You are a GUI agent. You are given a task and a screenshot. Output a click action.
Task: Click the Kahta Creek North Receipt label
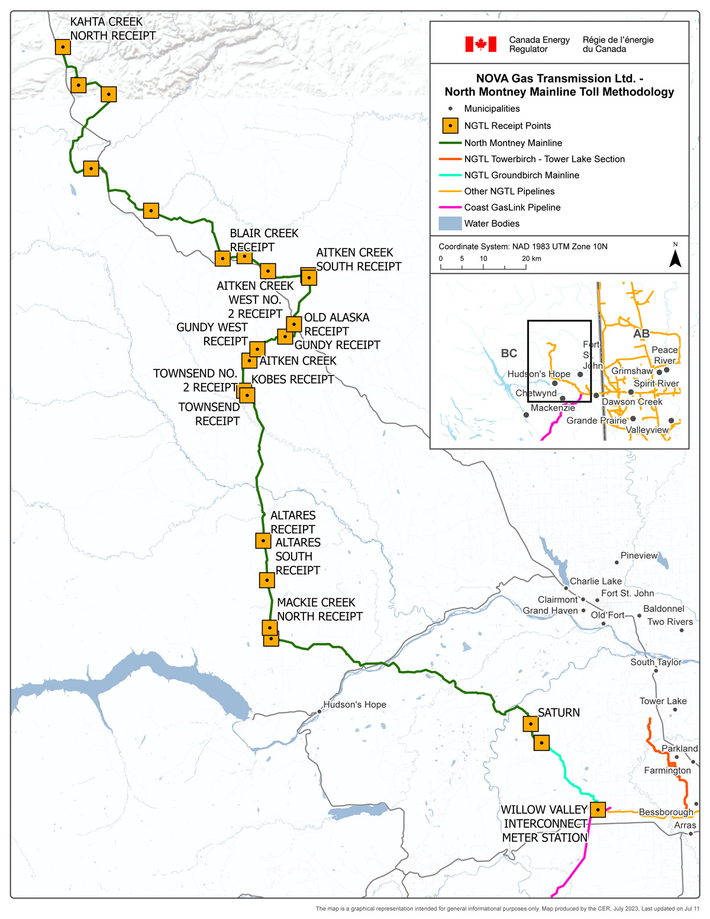point(112,29)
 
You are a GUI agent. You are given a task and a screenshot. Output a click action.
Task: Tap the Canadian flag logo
point(480,44)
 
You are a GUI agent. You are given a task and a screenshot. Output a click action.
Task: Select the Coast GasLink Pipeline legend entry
point(512,208)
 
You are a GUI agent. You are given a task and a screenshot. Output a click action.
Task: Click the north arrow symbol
point(675,257)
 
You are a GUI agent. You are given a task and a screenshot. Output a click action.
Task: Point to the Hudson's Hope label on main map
point(354,705)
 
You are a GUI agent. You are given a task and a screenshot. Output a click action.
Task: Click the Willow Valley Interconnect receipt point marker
point(598,810)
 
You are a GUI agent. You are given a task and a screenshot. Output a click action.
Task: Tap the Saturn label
point(559,713)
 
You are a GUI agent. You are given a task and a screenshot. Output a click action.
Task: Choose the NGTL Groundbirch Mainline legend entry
point(521,175)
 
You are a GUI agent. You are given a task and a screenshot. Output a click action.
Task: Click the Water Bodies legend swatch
point(450,224)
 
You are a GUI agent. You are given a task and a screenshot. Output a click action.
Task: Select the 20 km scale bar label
point(531,259)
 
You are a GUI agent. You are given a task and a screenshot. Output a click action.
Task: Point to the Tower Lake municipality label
point(663,701)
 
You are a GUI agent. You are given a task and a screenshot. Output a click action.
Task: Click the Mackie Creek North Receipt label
point(319,610)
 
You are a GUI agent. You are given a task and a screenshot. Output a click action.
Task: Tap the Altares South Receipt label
point(298,556)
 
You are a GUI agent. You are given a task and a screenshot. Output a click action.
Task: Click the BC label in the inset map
point(509,353)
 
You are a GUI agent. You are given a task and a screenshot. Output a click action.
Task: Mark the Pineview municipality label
point(639,556)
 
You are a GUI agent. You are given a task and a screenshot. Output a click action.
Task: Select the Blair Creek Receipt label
point(264,240)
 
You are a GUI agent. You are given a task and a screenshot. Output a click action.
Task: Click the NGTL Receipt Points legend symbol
point(450,126)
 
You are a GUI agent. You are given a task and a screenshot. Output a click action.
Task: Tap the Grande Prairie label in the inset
point(596,421)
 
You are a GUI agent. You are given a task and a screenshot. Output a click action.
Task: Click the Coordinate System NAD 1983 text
point(522,247)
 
